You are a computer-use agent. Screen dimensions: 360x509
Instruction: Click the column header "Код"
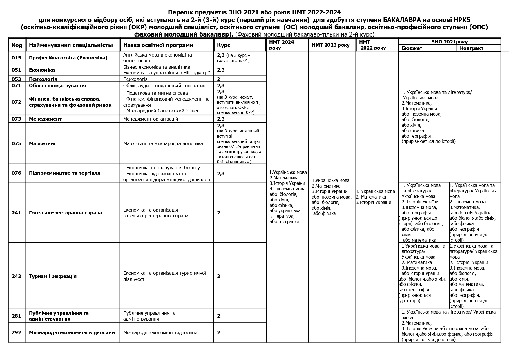pyautogui.click(x=17, y=45)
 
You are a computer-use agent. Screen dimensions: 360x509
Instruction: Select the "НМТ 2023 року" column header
pyautogui.click(x=331, y=45)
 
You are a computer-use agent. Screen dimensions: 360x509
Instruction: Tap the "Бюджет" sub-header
pyautogui.click(x=412, y=48)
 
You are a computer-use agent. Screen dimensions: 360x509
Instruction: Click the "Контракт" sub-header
pyautogui.click(x=471, y=48)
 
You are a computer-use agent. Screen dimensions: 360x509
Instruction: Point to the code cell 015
pyautogui.click(x=17, y=58)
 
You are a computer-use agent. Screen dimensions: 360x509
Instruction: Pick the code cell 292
pyautogui.click(x=17, y=332)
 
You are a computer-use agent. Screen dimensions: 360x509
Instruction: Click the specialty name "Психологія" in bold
pyautogui.click(x=43, y=79)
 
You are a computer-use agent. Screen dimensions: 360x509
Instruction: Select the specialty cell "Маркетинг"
pyautogui.click(x=42, y=143)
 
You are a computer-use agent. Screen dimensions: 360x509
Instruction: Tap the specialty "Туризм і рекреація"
pyautogui.click(x=53, y=276)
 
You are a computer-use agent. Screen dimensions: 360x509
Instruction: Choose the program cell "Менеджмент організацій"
pyautogui.click(x=151, y=119)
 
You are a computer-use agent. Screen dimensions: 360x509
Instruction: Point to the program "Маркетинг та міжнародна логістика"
pyautogui.click(x=163, y=143)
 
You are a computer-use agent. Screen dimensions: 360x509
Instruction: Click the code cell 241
pyautogui.click(x=17, y=213)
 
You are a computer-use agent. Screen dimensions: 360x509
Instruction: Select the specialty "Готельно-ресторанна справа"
pyautogui.click(x=66, y=213)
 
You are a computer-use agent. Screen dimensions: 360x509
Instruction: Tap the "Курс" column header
pyautogui.click(x=224, y=45)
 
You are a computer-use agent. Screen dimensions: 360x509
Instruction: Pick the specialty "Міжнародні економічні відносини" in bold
pyautogui.click(x=72, y=332)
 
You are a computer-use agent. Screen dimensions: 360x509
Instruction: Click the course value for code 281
pyautogui.click(x=219, y=316)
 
